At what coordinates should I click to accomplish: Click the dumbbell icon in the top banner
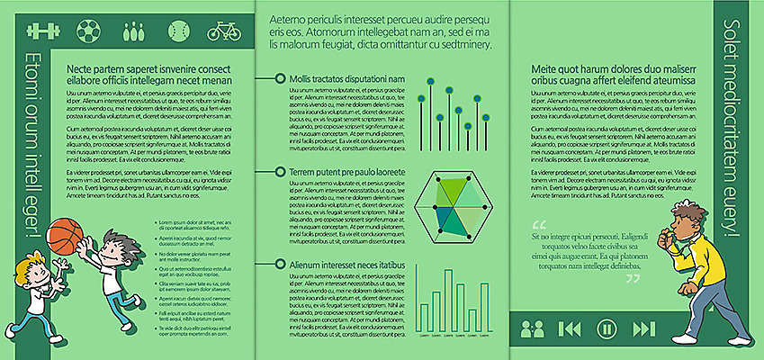pyautogui.click(x=42, y=31)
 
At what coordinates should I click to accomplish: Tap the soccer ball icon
pyautogui.click(x=88, y=31)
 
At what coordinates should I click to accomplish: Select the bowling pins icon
pyautogui.click(x=133, y=31)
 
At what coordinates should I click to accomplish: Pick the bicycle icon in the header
pyautogui.click(x=223, y=31)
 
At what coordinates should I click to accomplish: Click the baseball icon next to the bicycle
pyautogui.click(x=179, y=31)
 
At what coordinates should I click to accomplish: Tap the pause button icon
pyautogui.click(x=607, y=328)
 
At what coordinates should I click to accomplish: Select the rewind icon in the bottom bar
pyautogui.click(x=570, y=328)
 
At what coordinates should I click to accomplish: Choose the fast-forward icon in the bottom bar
pyautogui.click(x=644, y=328)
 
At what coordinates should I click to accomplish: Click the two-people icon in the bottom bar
pyautogui.click(x=532, y=328)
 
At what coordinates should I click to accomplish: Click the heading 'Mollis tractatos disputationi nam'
pyautogui.click(x=344, y=79)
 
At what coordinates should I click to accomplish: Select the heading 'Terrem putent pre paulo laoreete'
pyautogui.click(x=344, y=171)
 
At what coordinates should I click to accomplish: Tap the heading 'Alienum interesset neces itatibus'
pyautogui.click(x=344, y=265)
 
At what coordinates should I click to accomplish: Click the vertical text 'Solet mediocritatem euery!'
pyautogui.click(x=731, y=130)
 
